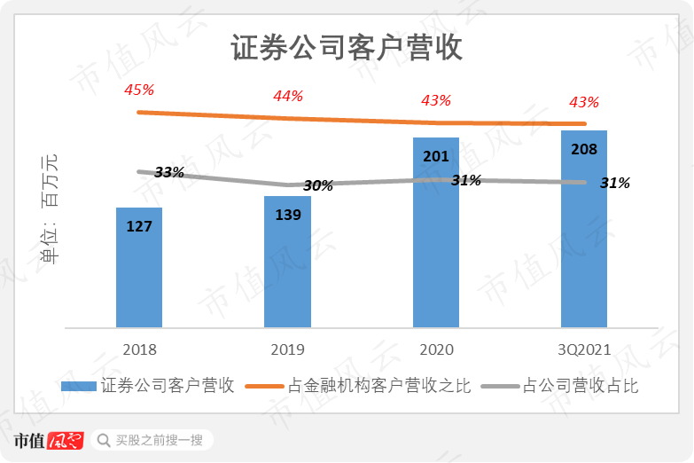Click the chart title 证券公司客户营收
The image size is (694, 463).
pyautogui.click(x=347, y=48)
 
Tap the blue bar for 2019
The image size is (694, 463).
pyautogui.click(x=287, y=266)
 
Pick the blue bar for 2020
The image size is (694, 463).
pyautogui.click(x=436, y=239)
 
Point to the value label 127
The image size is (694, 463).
pyautogui.click(x=139, y=226)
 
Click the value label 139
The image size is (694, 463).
pyautogui.click(x=288, y=215)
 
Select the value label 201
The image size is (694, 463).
pyautogui.click(x=436, y=156)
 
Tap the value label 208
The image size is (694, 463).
pyautogui.click(x=584, y=150)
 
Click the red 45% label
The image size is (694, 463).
pyautogui.click(x=139, y=90)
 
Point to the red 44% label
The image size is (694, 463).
pyautogui.click(x=288, y=96)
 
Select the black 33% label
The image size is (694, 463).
pyautogui.click(x=168, y=172)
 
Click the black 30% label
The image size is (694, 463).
pyautogui.click(x=317, y=185)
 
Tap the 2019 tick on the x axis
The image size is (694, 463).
pyautogui.click(x=287, y=349)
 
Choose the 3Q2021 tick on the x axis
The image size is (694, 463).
pyautogui.click(x=584, y=349)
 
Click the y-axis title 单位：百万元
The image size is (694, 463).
pyautogui.click(x=51, y=209)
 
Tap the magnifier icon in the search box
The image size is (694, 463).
pyautogui.click(x=104, y=440)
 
